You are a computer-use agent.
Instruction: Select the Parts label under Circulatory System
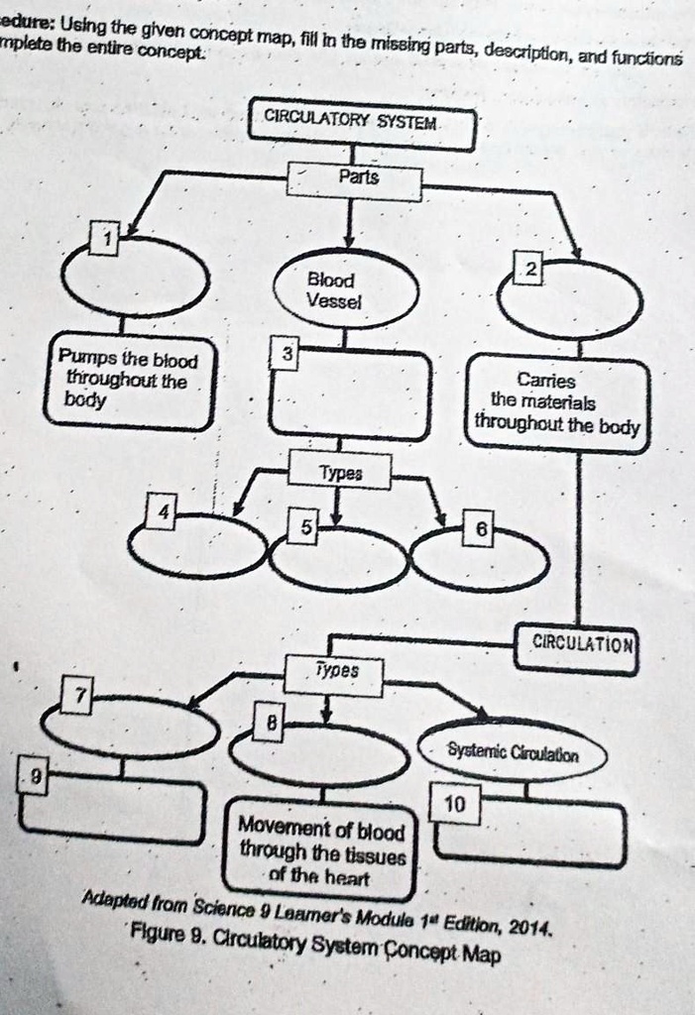(355, 180)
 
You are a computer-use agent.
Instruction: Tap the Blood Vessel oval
(346, 289)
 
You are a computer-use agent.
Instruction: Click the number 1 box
(104, 237)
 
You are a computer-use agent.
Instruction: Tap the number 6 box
(480, 531)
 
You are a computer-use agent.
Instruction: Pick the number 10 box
(455, 806)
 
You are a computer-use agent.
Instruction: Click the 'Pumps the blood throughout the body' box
(129, 382)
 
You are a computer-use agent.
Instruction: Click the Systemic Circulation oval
(513, 754)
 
